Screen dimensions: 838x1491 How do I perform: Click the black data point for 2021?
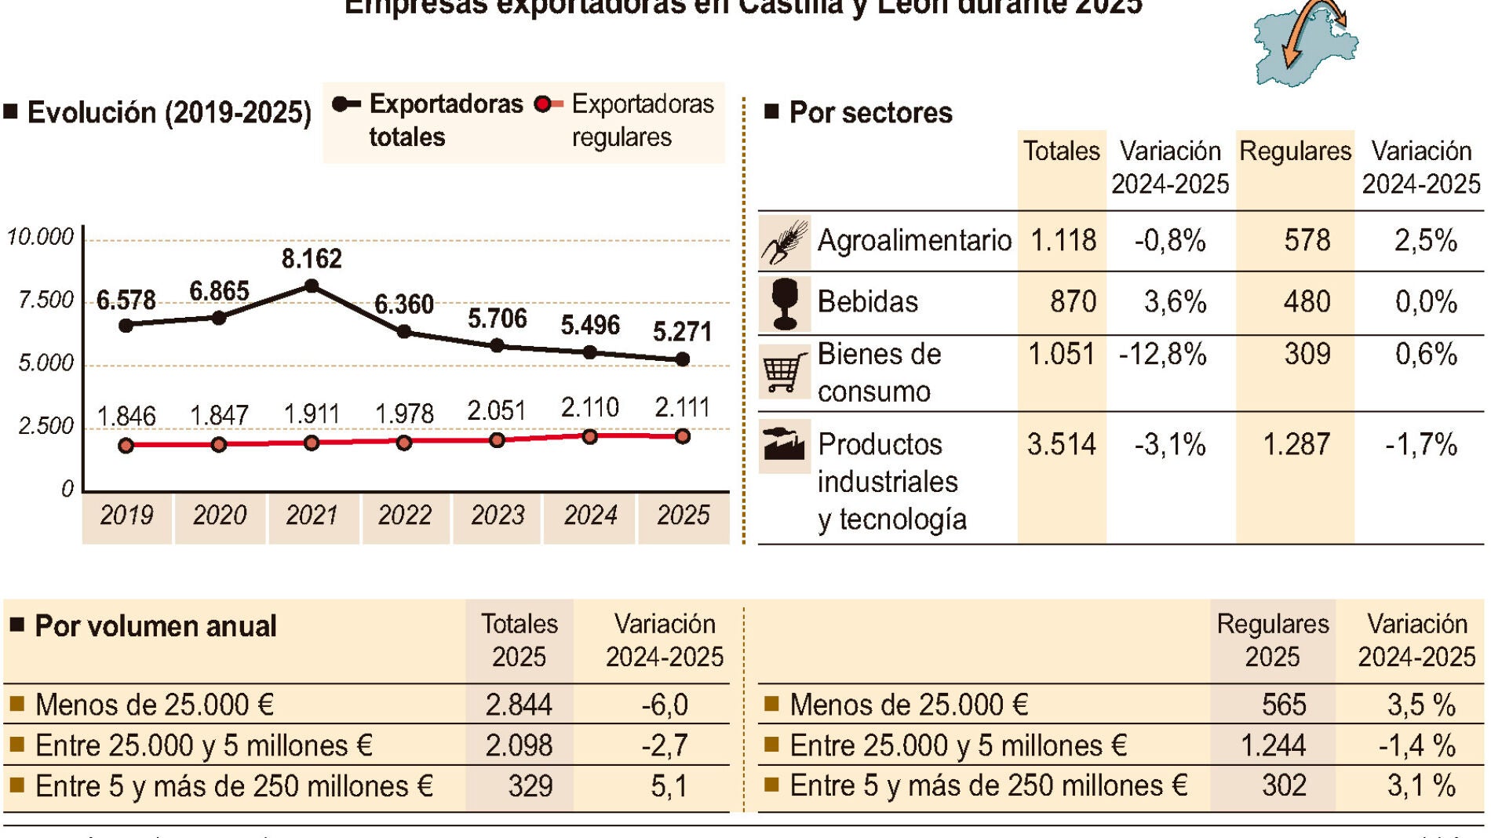tap(312, 286)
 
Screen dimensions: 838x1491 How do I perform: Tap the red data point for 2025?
tap(683, 436)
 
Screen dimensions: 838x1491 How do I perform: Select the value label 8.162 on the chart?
tap(312, 259)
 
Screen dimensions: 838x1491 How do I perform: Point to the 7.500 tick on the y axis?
tap(46, 300)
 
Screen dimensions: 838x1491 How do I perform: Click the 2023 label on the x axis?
tap(498, 516)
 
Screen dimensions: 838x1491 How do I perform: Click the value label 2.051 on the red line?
tap(496, 410)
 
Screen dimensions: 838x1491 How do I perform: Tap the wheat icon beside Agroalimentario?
tap(784, 242)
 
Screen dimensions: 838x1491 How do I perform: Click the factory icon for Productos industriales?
tap(784, 444)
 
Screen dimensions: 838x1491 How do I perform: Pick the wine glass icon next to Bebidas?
tap(784, 304)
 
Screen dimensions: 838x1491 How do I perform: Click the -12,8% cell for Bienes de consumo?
tap(1162, 355)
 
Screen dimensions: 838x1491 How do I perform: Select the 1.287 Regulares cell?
tap(1296, 445)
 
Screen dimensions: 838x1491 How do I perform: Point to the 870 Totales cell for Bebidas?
tap(1073, 302)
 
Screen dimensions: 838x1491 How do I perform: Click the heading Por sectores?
tap(869, 113)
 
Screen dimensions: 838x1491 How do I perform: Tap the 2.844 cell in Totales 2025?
tap(519, 705)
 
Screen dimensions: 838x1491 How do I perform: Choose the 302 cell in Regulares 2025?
tap(1284, 785)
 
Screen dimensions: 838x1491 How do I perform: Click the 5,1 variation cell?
tap(669, 786)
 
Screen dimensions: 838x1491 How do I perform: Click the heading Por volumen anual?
tap(155, 626)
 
